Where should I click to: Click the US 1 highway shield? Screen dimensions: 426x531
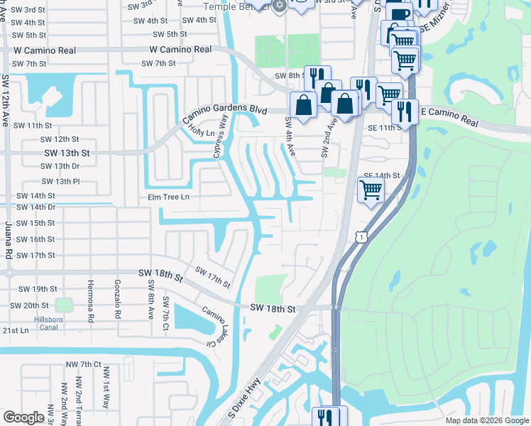[x=362, y=236]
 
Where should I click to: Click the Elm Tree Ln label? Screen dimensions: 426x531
[x=169, y=197]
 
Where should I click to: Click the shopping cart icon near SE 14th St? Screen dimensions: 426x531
[x=371, y=191]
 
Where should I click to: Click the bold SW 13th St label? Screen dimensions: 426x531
[x=67, y=153]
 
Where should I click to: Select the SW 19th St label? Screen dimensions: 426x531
[x=38, y=289]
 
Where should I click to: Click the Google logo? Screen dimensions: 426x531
[x=24, y=417]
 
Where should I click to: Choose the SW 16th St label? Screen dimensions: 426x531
[x=35, y=239]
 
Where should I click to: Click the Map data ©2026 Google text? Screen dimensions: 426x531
[x=487, y=420]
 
